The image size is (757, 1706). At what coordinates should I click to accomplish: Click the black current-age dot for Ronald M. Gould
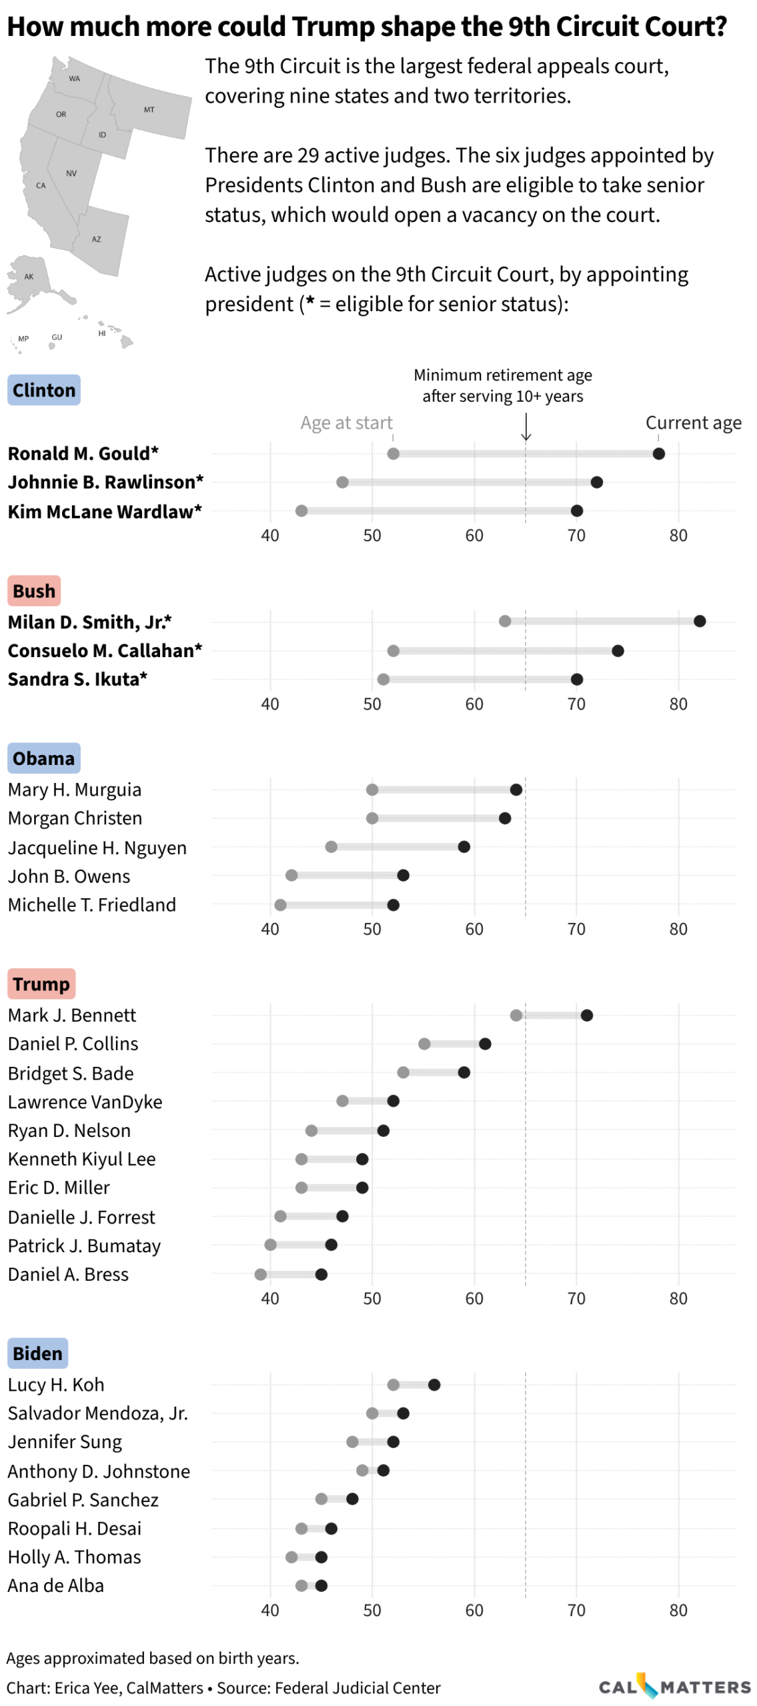(x=658, y=454)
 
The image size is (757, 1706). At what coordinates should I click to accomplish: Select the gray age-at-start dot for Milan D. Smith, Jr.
(x=505, y=621)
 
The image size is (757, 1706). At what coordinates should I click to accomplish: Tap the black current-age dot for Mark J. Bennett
(x=586, y=1015)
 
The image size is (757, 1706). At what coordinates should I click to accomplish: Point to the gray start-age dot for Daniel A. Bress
(x=260, y=1274)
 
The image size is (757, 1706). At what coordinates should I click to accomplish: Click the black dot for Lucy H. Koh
(x=434, y=1385)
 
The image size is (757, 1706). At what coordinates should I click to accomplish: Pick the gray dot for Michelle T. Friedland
(x=280, y=905)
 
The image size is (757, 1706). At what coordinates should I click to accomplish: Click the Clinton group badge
(x=44, y=390)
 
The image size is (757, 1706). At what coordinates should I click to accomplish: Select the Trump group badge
(x=41, y=984)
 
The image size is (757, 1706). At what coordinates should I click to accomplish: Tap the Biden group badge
(x=37, y=1353)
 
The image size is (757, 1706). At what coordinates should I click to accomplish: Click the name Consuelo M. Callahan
(x=105, y=650)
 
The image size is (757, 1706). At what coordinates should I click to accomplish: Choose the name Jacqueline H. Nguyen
(x=97, y=848)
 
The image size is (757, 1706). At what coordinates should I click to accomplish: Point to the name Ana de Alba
(x=56, y=1585)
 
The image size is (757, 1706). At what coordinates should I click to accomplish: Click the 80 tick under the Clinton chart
(x=678, y=536)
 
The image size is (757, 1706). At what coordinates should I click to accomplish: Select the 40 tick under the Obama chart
(x=270, y=929)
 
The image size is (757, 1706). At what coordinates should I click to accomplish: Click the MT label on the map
(x=149, y=110)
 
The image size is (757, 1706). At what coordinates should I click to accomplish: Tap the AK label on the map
(x=29, y=277)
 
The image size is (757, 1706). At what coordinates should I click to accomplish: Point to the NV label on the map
(x=71, y=173)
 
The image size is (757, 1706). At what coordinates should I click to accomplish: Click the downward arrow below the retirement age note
(x=526, y=427)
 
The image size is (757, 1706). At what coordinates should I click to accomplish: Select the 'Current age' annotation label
(x=693, y=423)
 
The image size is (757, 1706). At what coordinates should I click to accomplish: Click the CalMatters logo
(x=674, y=1687)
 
